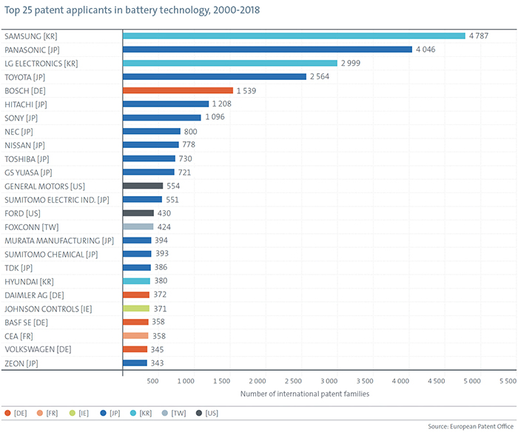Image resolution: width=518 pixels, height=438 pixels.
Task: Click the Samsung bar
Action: click(x=294, y=36)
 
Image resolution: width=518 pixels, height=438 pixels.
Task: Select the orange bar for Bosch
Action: click(x=178, y=90)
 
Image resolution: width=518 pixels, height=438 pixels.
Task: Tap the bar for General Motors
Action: click(x=142, y=186)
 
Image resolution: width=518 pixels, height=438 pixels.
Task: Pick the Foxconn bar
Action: click(x=138, y=226)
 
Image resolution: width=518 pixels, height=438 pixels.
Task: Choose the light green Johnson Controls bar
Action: click(x=135, y=308)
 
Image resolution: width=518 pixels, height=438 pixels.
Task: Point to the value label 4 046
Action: click(x=431, y=50)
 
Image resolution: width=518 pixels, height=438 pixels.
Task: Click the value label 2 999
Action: click(x=356, y=63)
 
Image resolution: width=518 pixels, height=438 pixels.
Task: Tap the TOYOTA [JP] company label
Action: click(x=25, y=76)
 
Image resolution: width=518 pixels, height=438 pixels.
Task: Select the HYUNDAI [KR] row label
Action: click(x=28, y=281)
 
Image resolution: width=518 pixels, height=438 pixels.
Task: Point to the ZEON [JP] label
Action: click(x=20, y=363)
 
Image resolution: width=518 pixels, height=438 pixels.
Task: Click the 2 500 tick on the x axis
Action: click(x=294, y=381)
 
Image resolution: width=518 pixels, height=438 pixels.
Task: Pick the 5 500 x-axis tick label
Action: click(x=507, y=381)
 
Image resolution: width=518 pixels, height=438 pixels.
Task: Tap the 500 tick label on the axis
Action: click(x=152, y=381)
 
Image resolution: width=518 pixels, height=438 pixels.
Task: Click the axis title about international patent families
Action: click(x=304, y=394)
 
